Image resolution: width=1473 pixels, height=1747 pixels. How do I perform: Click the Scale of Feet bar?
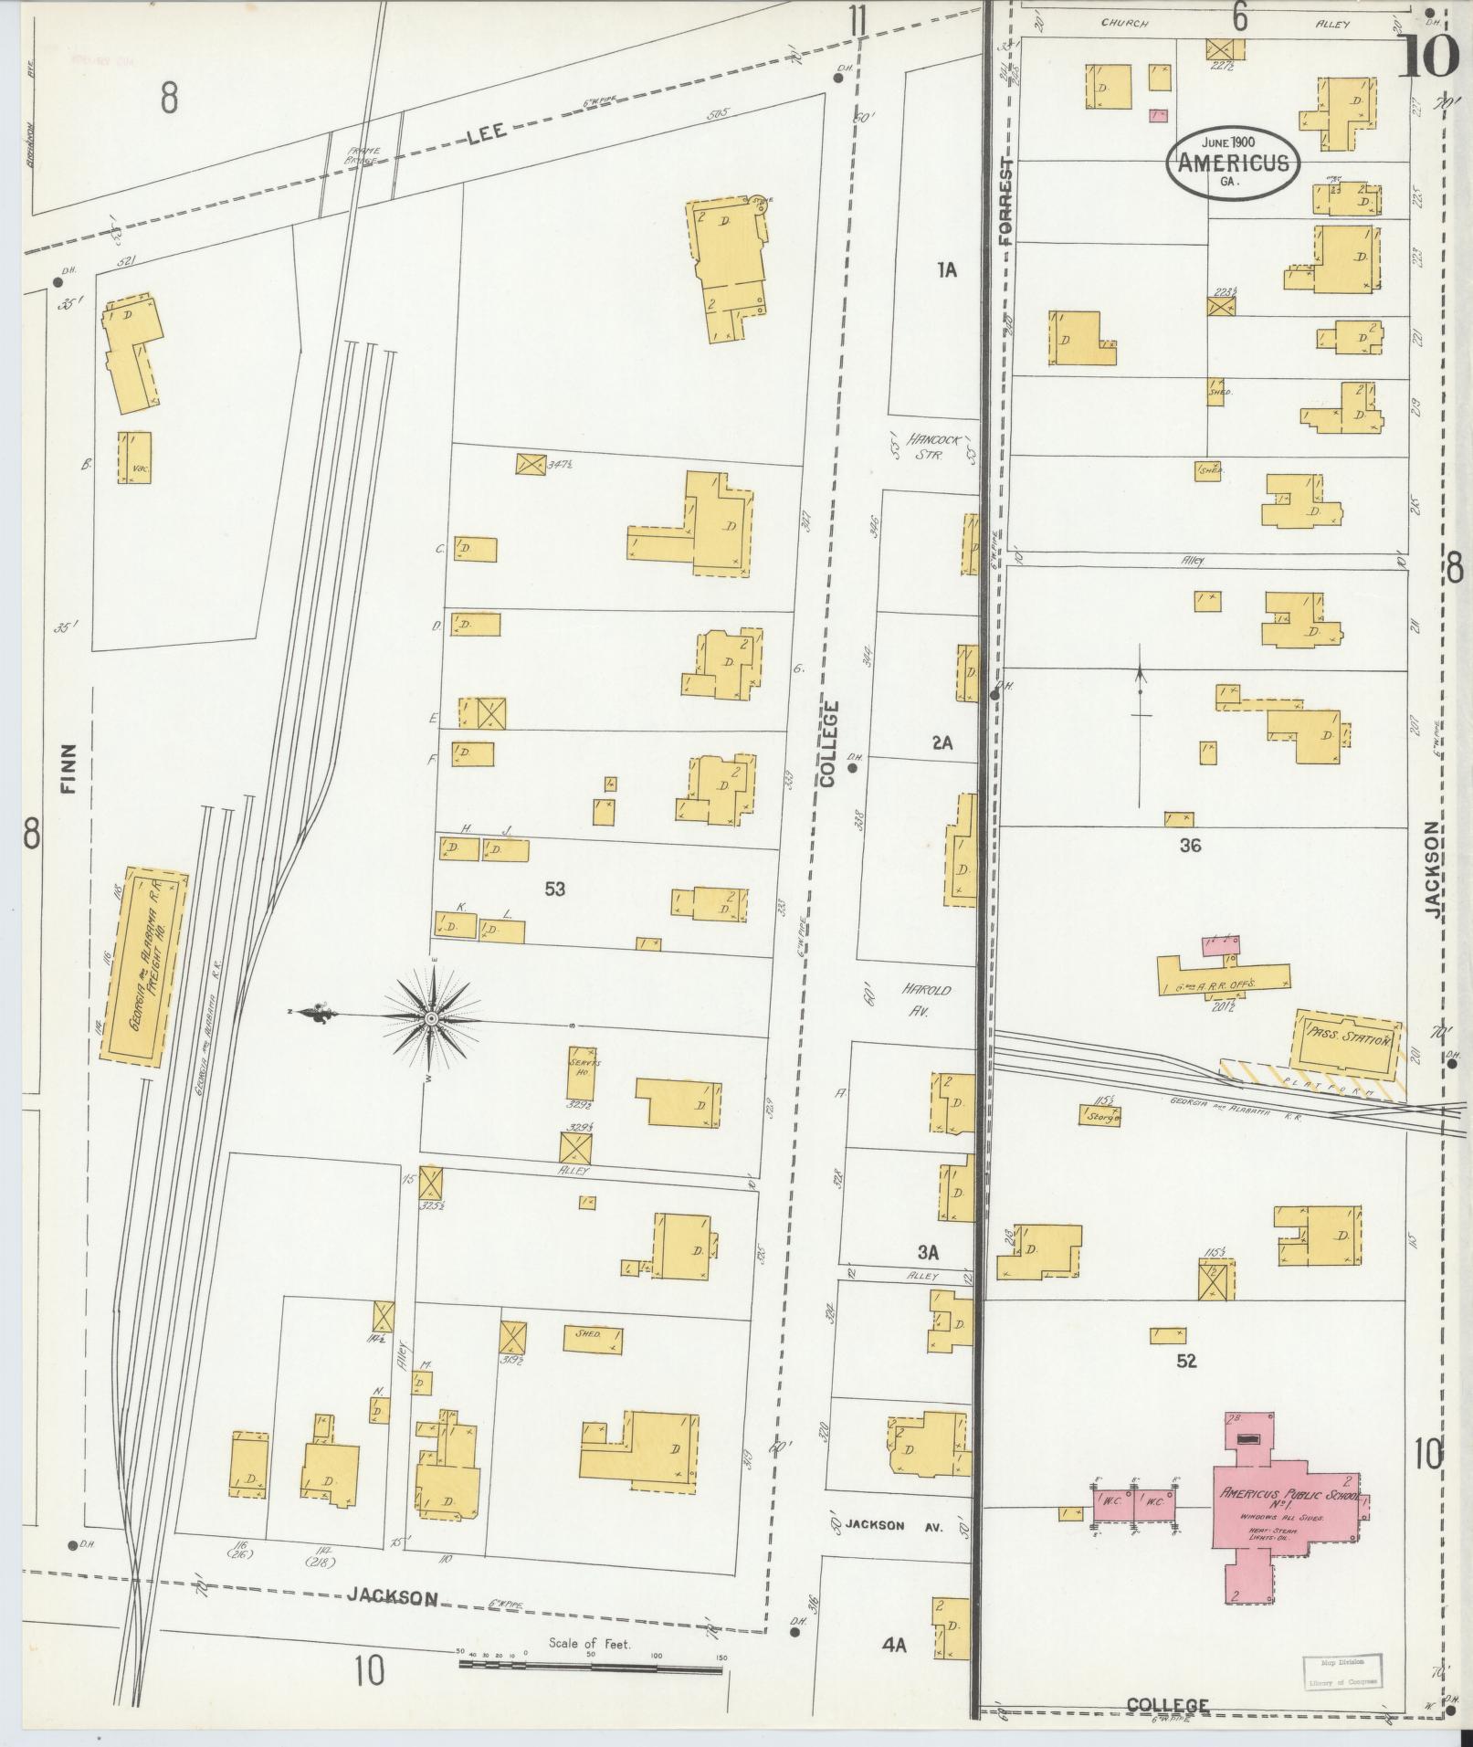[590, 1666]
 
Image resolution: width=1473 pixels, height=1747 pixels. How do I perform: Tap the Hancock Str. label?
[935, 446]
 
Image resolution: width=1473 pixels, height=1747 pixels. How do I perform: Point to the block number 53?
[554, 888]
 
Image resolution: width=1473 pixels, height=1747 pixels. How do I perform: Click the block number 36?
[1190, 846]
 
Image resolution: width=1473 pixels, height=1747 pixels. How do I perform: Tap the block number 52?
[1185, 1362]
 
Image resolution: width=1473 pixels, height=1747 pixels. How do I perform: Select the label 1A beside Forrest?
[946, 269]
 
